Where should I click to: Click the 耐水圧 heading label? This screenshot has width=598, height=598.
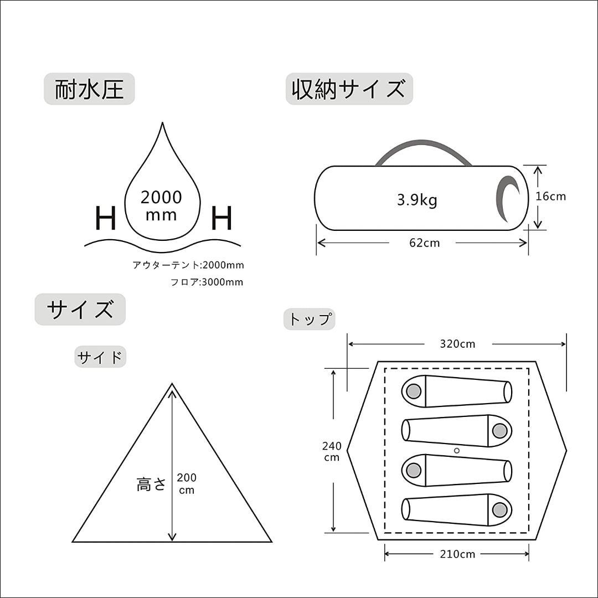click(89, 90)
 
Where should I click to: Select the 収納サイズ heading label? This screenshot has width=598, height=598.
click(349, 90)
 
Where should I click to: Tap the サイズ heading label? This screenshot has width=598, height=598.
click(80, 310)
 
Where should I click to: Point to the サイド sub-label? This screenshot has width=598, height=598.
click(100, 358)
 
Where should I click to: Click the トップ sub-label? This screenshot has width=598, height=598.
click(310, 319)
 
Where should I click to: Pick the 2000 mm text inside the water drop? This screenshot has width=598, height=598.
click(161, 205)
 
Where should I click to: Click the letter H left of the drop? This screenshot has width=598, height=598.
click(106, 218)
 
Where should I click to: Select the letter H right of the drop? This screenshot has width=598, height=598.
click(221, 218)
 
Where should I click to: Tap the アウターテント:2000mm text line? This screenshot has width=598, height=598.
click(188, 265)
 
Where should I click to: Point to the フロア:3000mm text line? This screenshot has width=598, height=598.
click(207, 282)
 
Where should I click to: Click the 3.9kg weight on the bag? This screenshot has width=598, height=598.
click(417, 200)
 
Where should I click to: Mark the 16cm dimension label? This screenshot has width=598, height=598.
click(551, 196)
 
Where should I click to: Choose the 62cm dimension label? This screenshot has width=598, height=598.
click(424, 243)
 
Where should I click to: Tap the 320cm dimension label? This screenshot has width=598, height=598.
click(457, 344)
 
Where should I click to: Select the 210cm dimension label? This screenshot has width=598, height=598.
click(457, 554)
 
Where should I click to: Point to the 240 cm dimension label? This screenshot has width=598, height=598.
click(332, 451)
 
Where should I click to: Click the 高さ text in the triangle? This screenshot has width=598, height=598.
click(151, 484)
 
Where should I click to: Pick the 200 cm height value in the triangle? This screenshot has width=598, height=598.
click(187, 483)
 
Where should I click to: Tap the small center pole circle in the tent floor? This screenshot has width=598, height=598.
click(457, 451)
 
